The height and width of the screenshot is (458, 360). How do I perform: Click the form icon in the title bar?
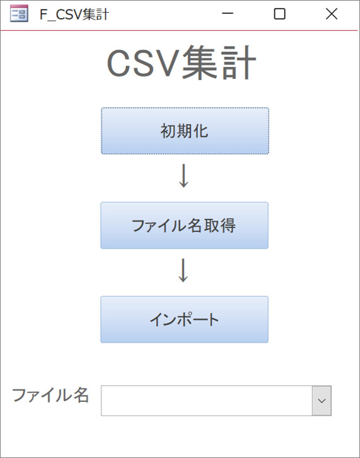click(x=19, y=13)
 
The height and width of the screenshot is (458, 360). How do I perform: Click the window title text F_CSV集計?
click(x=74, y=15)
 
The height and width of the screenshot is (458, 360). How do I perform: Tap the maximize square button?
click(x=279, y=14)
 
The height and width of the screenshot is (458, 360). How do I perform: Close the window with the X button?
click(x=332, y=14)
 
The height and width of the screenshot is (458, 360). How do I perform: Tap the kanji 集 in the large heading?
click(x=200, y=63)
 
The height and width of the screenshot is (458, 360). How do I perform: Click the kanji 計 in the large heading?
click(x=238, y=63)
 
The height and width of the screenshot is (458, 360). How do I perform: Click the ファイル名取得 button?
click(x=185, y=225)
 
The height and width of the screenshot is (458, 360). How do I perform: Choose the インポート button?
click(x=185, y=319)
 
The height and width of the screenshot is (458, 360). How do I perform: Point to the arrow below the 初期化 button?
click(x=183, y=175)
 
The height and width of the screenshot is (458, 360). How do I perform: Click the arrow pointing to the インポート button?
click(x=183, y=270)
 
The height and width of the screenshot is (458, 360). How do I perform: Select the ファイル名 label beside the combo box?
click(x=50, y=395)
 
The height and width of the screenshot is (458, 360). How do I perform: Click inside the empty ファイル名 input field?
click(x=206, y=401)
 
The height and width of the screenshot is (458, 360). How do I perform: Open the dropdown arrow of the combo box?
click(x=322, y=401)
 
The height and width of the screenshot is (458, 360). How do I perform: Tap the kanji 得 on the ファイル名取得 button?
click(x=228, y=225)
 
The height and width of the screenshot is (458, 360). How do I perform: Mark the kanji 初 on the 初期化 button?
click(x=168, y=131)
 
